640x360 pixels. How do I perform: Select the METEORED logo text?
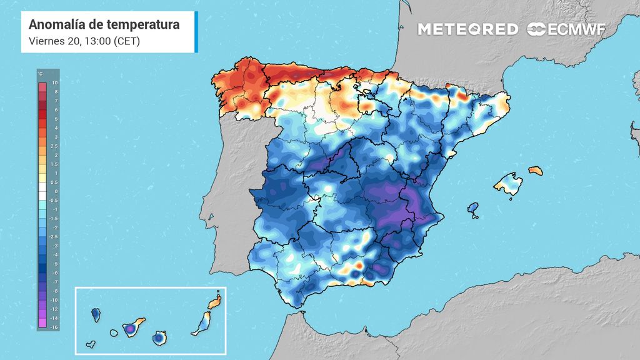(x=467, y=29)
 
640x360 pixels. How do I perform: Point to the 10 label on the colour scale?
(x=55, y=82)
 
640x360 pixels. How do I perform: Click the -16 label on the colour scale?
(x=54, y=327)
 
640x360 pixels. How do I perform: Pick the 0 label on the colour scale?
(x=56, y=191)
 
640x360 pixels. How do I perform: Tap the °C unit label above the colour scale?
(x=41, y=74)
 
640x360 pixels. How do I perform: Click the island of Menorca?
(x=536, y=170)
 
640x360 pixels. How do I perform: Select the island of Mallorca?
(x=507, y=185)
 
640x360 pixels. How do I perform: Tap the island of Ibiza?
(x=473, y=209)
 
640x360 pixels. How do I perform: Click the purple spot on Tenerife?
(x=131, y=327)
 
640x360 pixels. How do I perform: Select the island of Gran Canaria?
(x=159, y=337)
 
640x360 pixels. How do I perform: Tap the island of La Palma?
(x=96, y=312)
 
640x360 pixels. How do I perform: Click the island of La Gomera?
(x=114, y=333)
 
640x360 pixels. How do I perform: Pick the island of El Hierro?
(x=91, y=343)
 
